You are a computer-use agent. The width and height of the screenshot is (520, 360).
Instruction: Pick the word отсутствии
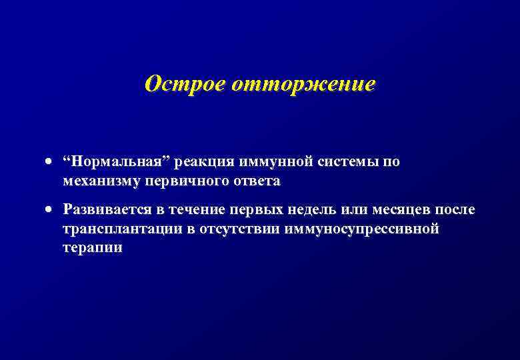227,229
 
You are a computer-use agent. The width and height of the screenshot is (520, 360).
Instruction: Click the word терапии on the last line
93,247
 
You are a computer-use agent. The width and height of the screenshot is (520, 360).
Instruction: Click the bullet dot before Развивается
49,211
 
